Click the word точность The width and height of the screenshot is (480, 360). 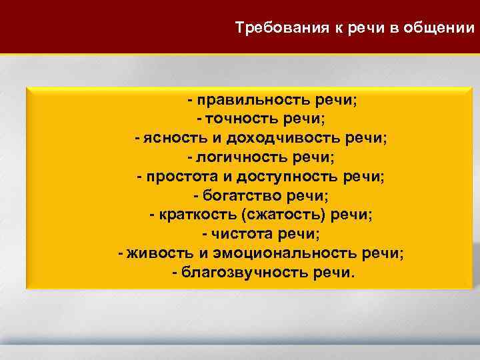[243, 119]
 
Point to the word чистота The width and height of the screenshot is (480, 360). [242, 235]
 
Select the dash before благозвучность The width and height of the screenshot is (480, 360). [175, 274]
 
